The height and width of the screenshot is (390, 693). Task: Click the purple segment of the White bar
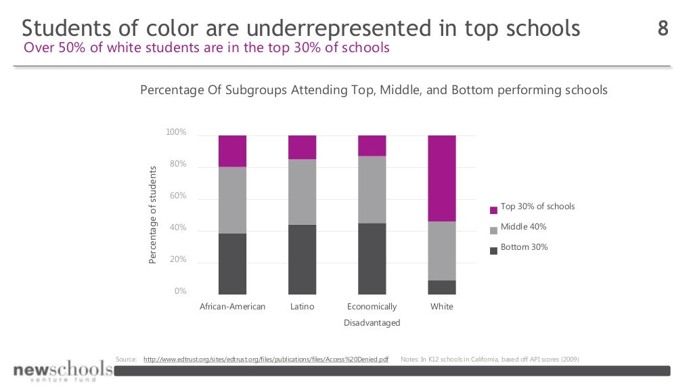[x=442, y=178]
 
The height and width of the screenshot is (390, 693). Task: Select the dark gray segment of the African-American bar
[x=232, y=264]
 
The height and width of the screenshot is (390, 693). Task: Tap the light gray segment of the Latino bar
[x=302, y=192]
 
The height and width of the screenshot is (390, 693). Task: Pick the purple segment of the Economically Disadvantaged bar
[x=372, y=146]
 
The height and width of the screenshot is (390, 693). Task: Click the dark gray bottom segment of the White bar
[x=442, y=287]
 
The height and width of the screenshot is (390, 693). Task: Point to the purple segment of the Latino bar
[x=302, y=147]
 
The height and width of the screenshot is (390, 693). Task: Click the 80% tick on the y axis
[x=177, y=164]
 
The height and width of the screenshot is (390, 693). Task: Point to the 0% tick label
[x=180, y=291]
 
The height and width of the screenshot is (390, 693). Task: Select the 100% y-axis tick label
[x=176, y=132]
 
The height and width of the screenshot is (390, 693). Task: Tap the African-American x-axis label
[x=232, y=307]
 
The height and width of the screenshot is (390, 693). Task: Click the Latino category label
[x=302, y=307]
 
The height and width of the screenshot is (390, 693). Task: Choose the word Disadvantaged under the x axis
[x=372, y=323]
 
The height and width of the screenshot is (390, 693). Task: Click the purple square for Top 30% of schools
[x=493, y=209]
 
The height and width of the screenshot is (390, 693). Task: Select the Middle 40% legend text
[x=523, y=227]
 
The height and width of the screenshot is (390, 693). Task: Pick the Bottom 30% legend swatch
[x=493, y=250]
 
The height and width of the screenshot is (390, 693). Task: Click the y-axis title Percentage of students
[x=153, y=215]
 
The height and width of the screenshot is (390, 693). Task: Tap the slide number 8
[x=663, y=28]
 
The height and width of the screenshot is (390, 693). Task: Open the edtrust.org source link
[x=266, y=359]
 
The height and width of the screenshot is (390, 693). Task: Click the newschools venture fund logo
[x=62, y=371]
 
